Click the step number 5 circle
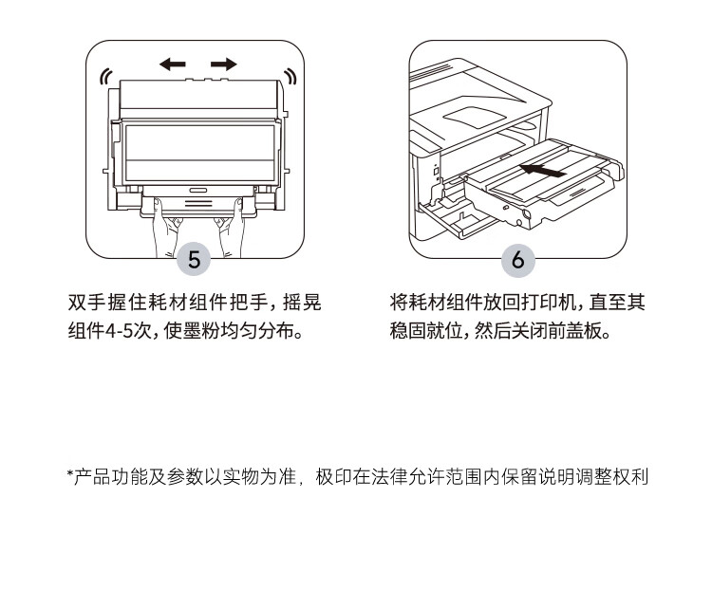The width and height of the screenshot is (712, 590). pyautogui.click(x=195, y=260)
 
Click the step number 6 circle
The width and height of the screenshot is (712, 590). pyautogui.click(x=517, y=260)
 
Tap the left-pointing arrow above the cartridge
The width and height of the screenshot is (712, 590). pyautogui.click(x=172, y=65)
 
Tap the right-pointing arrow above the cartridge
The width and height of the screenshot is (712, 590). pyautogui.click(x=224, y=65)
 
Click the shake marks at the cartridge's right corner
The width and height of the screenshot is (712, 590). pyautogui.click(x=290, y=77)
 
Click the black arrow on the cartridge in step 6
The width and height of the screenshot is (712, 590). pyautogui.click(x=545, y=172)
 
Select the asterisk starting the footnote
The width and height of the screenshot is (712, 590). pyautogui.click(x=69, y=475)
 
